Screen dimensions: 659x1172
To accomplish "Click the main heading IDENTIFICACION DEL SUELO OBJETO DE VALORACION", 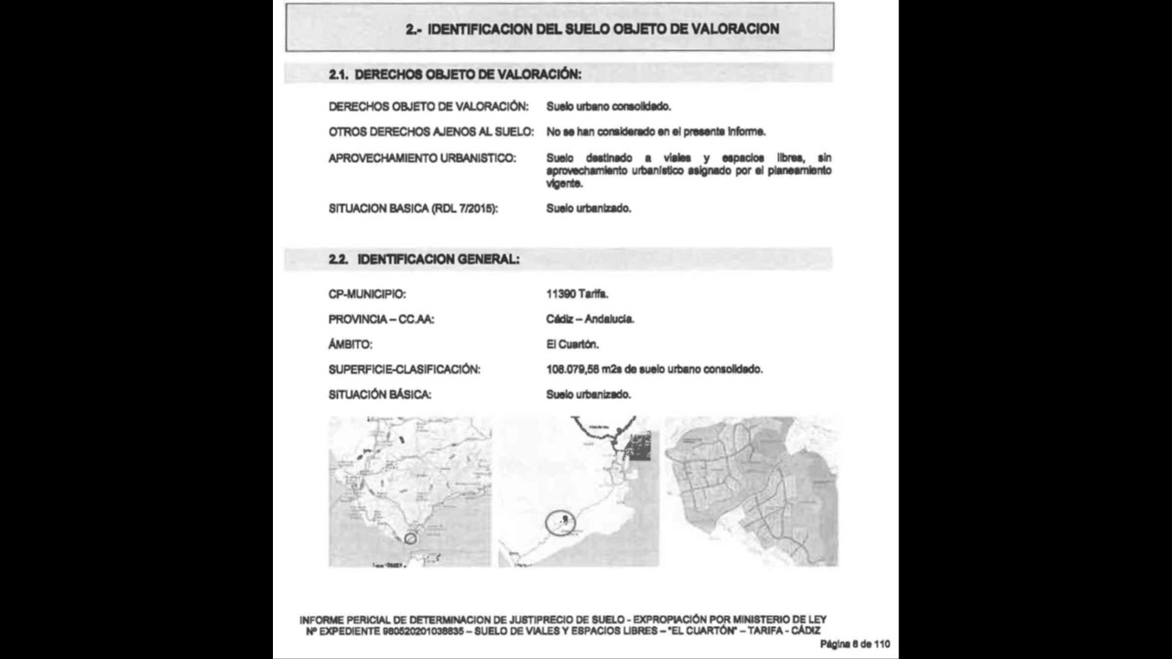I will [592, 29].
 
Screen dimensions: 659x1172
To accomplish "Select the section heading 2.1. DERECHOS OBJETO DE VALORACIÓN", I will [455, 73].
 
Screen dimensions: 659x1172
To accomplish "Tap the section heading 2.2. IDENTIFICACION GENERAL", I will [425, 260].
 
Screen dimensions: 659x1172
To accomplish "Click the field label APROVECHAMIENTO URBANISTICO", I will [422, 158].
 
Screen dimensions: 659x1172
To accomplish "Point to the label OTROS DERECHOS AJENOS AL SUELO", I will [430, 132].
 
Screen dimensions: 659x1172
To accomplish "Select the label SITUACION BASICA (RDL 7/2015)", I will [413, 209].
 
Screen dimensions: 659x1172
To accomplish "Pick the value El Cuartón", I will [572, 345].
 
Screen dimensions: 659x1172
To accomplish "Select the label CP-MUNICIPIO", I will [367, 295].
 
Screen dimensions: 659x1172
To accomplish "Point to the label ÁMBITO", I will [351, 345].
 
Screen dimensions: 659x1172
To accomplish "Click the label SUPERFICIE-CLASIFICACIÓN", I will [405, 370].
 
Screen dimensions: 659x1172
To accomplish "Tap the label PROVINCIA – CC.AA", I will [382, 319].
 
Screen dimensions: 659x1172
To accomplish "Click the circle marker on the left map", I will [410, 538].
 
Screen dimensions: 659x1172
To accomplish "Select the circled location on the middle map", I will [560, 523].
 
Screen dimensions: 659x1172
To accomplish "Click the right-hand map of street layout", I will [751, 491].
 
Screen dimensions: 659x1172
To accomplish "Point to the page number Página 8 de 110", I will [854, 644].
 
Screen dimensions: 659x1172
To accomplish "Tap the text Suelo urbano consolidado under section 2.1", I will [609, 107].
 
